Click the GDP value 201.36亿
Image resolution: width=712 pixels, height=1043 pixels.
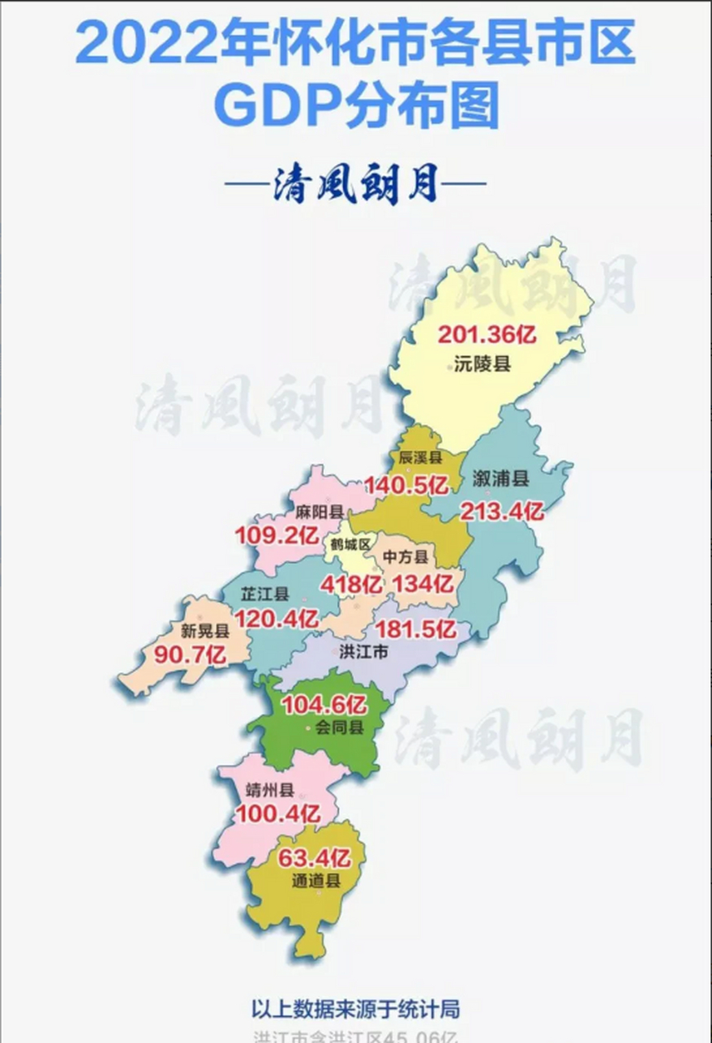point(488,335)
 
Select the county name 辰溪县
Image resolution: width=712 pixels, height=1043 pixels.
point(420,458)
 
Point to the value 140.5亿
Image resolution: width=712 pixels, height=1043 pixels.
point(406,486)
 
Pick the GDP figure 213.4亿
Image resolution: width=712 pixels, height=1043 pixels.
point(502,512)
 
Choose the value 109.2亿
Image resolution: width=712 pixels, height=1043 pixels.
point(276,535)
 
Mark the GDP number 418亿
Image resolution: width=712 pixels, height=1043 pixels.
point(351,584)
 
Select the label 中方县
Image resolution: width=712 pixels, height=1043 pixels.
point(406,557)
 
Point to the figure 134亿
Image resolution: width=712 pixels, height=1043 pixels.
point(422,583)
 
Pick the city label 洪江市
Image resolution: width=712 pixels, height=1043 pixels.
point(363,652)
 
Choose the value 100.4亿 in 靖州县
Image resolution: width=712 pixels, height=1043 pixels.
point(278,812)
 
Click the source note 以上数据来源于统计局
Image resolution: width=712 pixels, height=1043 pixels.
point(356,1008)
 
